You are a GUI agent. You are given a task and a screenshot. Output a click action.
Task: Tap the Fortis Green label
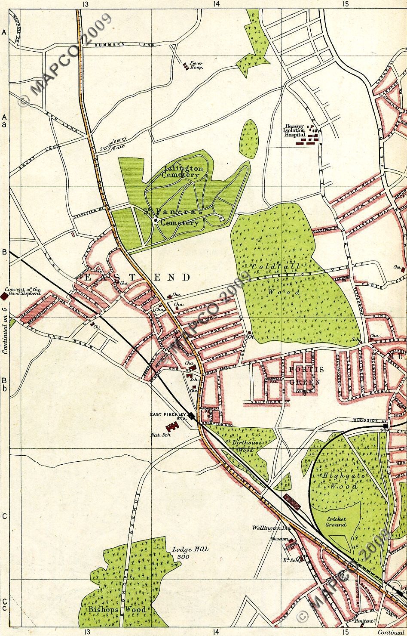(x=306, y=375)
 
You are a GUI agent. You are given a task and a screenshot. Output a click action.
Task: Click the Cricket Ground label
(x=336, y=522)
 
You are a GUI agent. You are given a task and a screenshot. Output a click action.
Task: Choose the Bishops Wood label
(x=117, y=609)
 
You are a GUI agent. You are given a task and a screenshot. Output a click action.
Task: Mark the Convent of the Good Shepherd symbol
(x=4, y=296)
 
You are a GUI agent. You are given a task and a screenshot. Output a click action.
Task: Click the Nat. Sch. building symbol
(x=173, y=427)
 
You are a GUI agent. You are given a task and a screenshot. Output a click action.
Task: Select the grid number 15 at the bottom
(x=345, y=632)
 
